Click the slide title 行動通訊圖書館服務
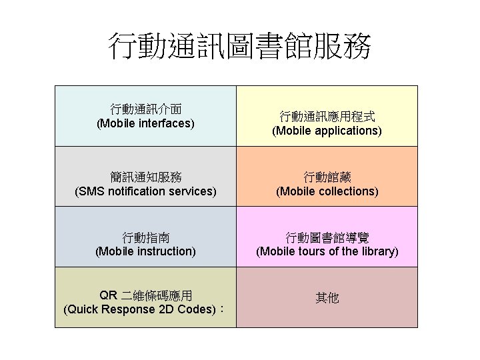[x=240, y=47]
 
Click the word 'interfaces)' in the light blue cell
[x=167, y=123]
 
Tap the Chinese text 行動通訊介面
[x=145, y=109]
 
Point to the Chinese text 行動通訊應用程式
[x=327, y=116]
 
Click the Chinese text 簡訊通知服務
[x=145, y=177]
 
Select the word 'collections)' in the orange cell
[x=347, y=191]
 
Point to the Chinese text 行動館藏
[x=327, y=177]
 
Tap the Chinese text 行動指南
[x=145, y=237]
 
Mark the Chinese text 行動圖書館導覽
[x=327, y=237]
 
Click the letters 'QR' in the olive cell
[x=107, y=295]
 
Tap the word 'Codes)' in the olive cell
[x=199, y=310]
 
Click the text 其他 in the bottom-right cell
[x=327, y=298]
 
